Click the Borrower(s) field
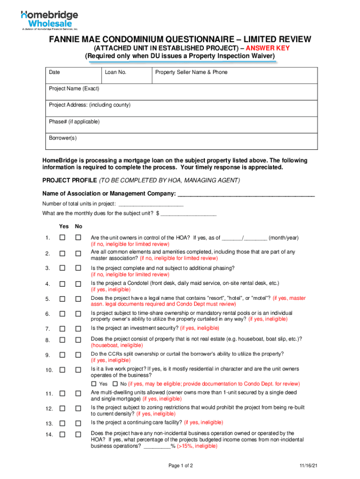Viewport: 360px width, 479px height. (180, 141)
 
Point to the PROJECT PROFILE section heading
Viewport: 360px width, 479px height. (69, 180)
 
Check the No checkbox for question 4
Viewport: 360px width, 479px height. (79, 284)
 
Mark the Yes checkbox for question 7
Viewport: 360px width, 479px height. (62, 329)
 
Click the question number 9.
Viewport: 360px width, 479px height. (48, 356)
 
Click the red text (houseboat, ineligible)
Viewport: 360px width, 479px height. (117, 345)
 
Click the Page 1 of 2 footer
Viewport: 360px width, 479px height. (180, 466)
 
